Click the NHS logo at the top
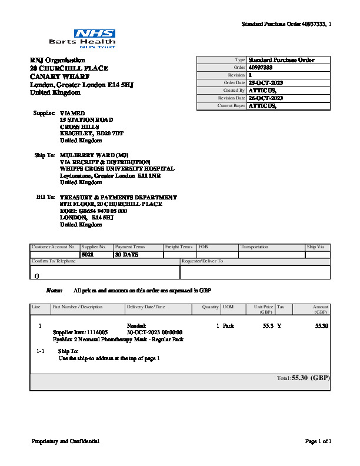click(95, 34)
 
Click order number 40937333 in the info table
click(261, 68)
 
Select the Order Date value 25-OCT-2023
click(266, 83)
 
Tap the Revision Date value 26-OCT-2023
click(266, 98)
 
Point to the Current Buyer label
click(231, 106)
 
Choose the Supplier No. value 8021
click(88, 255)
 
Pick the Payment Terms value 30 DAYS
click(126, 255)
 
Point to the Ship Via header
click(315, 247)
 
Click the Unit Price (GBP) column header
click(263, 309)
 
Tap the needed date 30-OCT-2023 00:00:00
click(155, 332)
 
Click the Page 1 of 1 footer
click(318, 441)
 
